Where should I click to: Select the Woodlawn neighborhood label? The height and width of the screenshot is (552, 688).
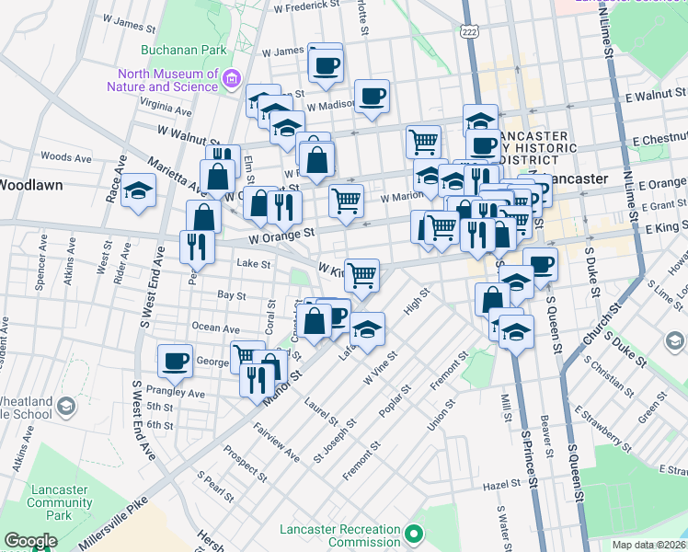[x=30, y=184]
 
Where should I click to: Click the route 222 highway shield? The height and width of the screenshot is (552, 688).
[x=470, y=31]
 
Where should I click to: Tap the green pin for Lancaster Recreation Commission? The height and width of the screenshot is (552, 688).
[x=414, y=533]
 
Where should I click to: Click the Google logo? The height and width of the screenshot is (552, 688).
[x=29, y=541]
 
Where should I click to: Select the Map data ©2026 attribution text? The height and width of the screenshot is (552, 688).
[x=648, y=545]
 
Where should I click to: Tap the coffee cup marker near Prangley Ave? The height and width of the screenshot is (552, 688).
[x=174, y=362]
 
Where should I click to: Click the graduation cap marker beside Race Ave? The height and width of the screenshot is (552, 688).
[x=138, y=190]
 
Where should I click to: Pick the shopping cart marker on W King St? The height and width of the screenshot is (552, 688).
[x=362, y=274]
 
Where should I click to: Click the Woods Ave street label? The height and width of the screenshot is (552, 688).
[x=66, y=158]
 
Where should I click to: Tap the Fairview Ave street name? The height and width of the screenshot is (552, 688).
[x=276, y=443]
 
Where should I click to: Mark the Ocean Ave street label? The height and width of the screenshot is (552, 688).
[x=216, y=328]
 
